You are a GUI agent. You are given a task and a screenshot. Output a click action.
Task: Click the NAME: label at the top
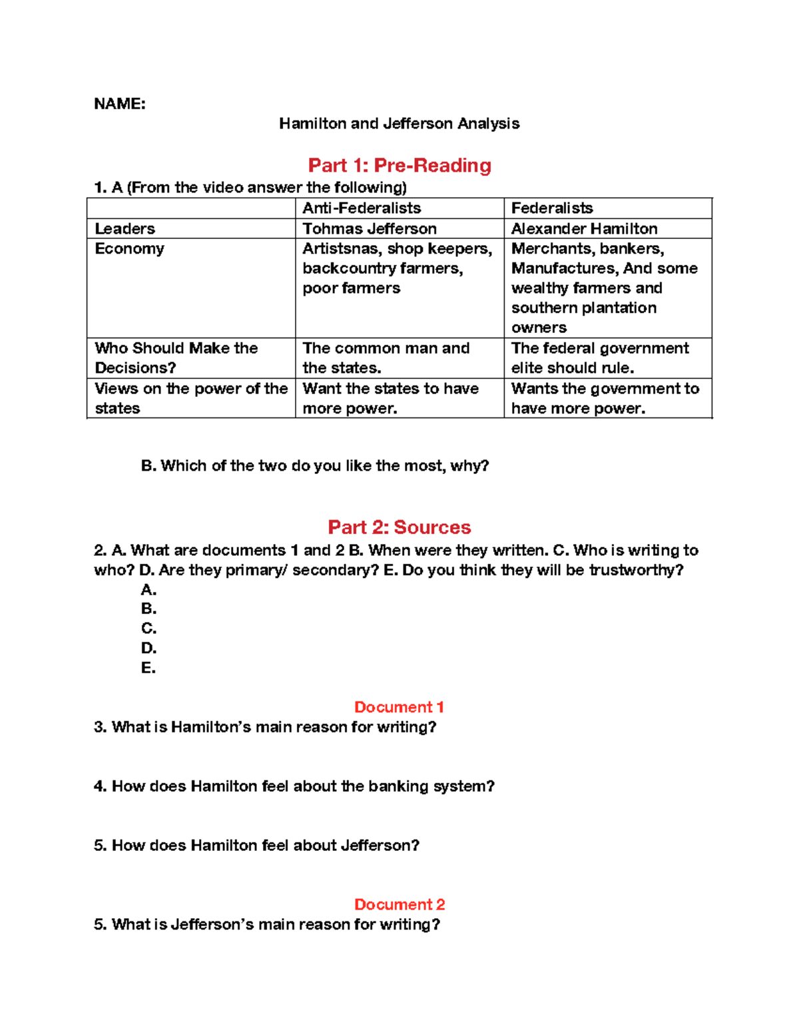click(120, 104)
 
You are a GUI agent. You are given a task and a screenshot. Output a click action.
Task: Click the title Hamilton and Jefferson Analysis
click(399, 124)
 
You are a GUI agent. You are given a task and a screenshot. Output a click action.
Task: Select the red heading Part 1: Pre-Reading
click(400, 165)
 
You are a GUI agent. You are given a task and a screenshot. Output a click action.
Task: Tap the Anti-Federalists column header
click(362, 208)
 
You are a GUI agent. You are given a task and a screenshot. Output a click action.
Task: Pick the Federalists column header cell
click(552, 208)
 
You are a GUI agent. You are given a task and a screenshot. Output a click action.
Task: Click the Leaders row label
click(125, 229)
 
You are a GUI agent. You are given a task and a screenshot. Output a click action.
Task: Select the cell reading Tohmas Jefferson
click(370, 229)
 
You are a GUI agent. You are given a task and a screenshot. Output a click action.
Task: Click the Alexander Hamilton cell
click(584, 229)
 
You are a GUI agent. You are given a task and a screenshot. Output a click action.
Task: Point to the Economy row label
click(129, 249)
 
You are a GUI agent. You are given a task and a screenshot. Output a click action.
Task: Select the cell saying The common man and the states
click(386, 358)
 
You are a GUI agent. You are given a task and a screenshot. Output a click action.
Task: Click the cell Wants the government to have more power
click(605, 398)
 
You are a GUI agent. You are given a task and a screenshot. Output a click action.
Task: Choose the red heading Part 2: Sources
click(400, 527)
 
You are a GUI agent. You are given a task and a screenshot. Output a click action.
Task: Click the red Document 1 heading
click(399, 707)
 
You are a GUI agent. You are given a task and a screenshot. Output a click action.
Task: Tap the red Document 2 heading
click(400, 905)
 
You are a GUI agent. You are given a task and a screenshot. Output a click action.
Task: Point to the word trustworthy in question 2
click(634, 571)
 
